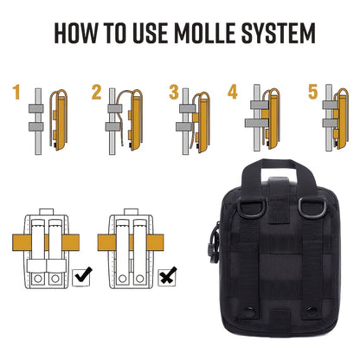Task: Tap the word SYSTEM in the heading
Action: [279, 33]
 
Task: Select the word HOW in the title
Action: [76, 33]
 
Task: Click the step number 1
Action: [16, 92]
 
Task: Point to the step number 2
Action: [97, 92]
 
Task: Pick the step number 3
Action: [174, 92]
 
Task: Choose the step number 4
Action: [233, 92]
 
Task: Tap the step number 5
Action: [313, 92]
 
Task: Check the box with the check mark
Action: [81, 278]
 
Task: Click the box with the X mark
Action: [167, 278]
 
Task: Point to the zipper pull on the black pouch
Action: [214, 243]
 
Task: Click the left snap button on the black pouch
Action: [249, 312]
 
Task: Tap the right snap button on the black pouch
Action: [312, 312]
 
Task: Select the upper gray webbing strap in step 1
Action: [36, 108]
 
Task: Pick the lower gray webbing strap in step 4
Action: [257, 123]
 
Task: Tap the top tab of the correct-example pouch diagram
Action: [46, 211]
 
